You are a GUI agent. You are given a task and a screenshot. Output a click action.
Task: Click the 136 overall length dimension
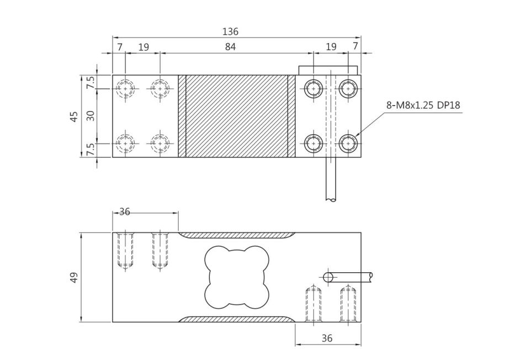(230, 32)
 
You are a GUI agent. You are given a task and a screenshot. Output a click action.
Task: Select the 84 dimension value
(230, 47)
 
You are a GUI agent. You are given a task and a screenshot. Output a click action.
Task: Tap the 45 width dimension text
(74, 116)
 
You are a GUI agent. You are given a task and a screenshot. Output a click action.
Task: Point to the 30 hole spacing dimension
(91, 116)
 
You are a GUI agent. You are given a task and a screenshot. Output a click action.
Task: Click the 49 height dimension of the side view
(74, 277)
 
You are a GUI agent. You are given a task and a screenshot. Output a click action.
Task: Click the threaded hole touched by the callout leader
(348, 143)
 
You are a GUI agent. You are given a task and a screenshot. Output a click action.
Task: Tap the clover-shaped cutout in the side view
(237, 277)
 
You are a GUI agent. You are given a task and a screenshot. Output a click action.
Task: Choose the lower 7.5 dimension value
(91, 150)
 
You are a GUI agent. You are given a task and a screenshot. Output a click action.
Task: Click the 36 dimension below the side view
(327, 338)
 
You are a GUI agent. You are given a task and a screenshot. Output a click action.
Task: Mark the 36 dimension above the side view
(125, 212)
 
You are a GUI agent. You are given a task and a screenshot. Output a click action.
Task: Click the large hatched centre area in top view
(237, 116)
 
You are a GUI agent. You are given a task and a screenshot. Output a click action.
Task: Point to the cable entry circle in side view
(328, 277)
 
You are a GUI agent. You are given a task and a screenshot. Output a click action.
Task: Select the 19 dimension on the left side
(143, 47)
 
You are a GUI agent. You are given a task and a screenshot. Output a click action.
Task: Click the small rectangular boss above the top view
(328, 70)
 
